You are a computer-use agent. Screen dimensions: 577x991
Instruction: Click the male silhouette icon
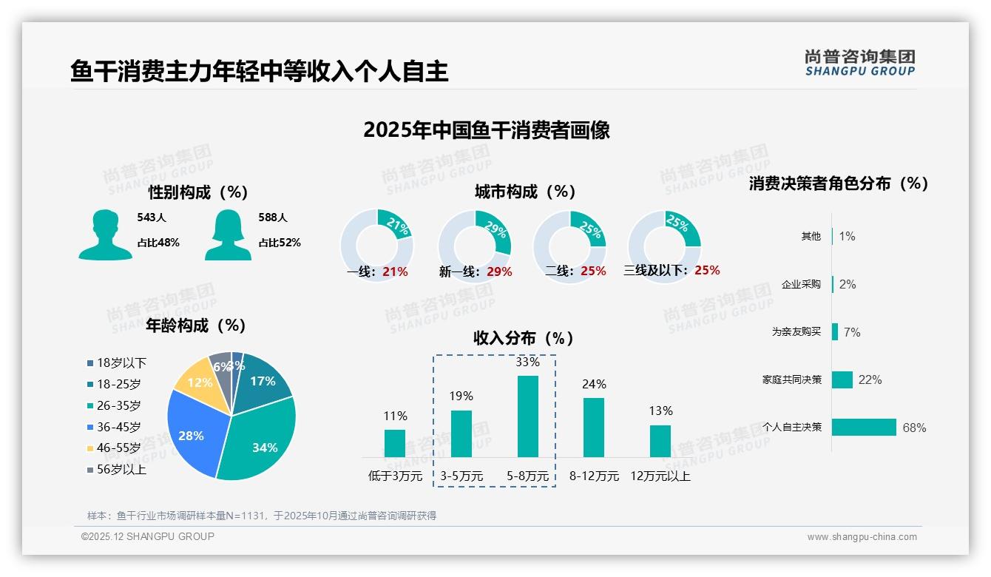(105, 235)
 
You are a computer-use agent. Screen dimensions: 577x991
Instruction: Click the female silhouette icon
(228, 235)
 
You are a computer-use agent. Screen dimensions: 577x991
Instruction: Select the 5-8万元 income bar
(527, 416)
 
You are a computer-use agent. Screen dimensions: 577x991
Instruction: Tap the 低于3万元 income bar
(395, 443)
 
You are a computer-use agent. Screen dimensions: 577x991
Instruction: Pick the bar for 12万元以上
(660, 441)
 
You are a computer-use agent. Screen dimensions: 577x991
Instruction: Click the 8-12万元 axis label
(594, 476)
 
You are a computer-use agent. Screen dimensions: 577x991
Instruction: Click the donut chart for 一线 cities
(377, 244)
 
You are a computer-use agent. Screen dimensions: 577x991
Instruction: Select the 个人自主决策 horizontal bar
(864, 427)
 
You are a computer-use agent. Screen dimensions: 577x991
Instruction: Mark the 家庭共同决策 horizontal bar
(842, 379)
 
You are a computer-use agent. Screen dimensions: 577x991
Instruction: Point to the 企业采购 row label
(801, 284)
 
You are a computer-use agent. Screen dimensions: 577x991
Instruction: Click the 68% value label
(914, 428)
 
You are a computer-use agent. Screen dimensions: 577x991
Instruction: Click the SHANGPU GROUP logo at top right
(860, 63)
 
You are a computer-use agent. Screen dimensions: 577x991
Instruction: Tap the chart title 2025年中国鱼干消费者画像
(486, 130)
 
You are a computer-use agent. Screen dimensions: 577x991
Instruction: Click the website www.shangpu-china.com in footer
(862, 537)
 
